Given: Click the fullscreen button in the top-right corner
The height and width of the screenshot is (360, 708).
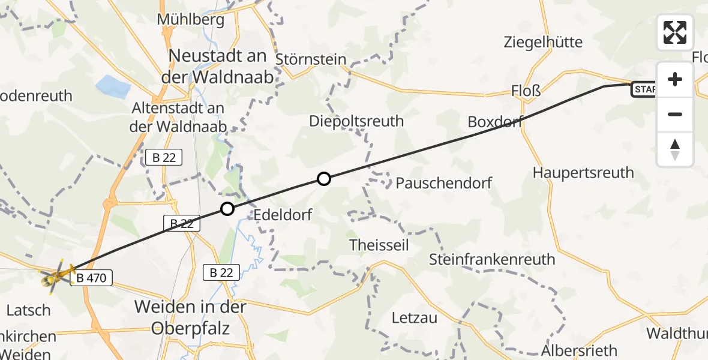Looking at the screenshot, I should click(675, 32).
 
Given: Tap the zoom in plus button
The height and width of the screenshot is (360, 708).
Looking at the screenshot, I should click(675, 80).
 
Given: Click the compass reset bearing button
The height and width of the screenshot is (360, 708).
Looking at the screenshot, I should click(675, 149).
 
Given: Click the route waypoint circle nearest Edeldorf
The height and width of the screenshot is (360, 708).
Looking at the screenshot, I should click(227, 209).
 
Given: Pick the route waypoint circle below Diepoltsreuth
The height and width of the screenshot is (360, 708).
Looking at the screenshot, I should click(323, 178).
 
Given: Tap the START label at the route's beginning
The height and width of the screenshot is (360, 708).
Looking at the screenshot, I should click(643, 90).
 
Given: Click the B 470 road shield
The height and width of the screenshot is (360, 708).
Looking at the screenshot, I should click(91, 278).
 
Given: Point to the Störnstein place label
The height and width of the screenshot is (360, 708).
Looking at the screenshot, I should click(311, 59).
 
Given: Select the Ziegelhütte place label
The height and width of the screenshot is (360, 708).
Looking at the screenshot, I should click(543, 42).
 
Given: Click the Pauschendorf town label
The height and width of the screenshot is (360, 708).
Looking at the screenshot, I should click(443, 182).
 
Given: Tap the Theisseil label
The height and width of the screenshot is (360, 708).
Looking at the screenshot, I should click(379, 245).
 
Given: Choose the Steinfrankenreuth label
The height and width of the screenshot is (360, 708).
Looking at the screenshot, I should click(492, 260).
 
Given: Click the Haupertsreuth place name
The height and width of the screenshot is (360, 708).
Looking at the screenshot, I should click(583, 173).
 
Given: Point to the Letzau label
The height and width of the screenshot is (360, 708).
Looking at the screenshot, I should click(415, 317).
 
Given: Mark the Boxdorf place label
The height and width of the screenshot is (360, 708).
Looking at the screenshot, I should click(495, 122).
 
